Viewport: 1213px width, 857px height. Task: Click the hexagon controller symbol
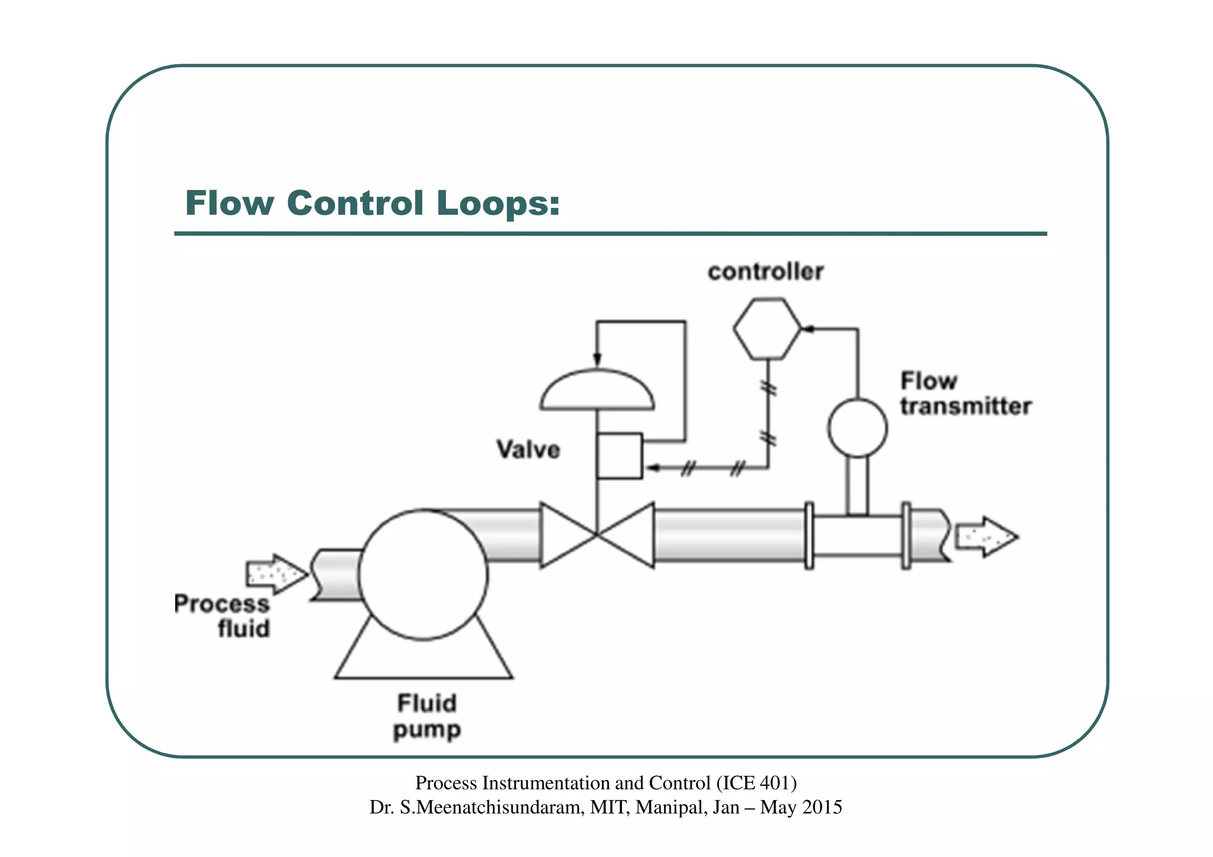point(767,329)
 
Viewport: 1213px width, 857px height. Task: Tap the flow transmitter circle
point(857,428)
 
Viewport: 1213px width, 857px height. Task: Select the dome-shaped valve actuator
point(597,391)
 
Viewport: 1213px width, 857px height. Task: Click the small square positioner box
point(620,455)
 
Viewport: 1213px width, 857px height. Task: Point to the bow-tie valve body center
point(597,535)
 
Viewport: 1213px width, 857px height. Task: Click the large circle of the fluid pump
point(423,574)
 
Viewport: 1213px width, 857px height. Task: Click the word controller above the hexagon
point(765,272)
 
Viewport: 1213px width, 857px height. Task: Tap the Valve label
point(528,450)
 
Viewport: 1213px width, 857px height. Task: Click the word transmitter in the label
point(965,407)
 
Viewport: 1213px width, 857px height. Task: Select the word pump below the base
point(426,730)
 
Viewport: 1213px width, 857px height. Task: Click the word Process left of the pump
point(222,604)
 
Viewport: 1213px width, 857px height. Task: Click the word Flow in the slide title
point(229,203)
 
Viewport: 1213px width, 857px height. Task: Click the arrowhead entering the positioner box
point(653,468)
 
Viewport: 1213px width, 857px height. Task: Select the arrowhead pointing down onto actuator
point(597,360)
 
